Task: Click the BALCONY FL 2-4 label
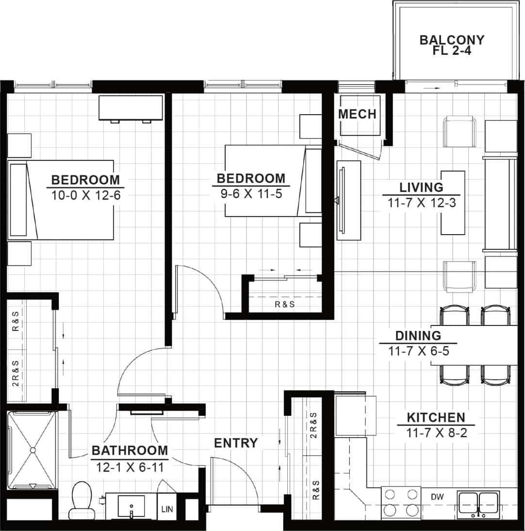tap(452, 45)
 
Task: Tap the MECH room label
tap(357, 114)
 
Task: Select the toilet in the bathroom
tap(81, 500)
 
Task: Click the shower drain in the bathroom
tap(33, 450)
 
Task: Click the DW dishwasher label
tap(438, 497)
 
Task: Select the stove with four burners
tap(401, 502)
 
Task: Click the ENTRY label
tap(236, 443)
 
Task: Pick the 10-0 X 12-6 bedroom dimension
tap(85, 196)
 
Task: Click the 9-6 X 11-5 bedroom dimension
tap(251, 194)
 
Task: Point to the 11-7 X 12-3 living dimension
tap(421, 203)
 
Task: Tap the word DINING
tap(418, 336)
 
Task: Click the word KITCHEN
tap(435, 417)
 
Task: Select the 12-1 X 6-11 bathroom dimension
tap(130, 467)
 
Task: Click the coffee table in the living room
tap(453, 202)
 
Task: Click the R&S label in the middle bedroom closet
tap(285, 305)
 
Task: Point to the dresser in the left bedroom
tap(131, 107)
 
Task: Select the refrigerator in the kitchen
tap(355, 416)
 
